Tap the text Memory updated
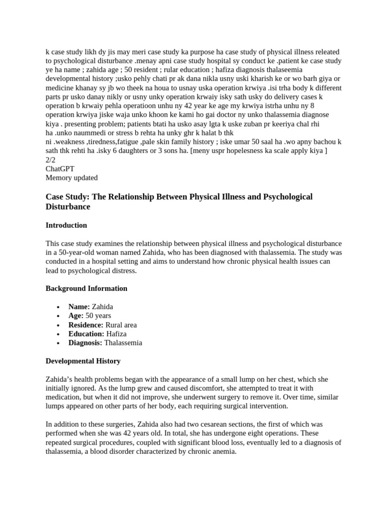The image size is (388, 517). [x=72, y=177]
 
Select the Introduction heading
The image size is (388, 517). [x=66, y=225]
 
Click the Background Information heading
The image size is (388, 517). [x=86, y=288]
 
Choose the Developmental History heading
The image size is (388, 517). [x=83, y=361]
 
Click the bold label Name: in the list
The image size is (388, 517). [x=79, y=306]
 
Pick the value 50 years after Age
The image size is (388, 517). [x=99, y=316]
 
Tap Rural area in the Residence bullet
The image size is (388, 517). [x=121, y=325]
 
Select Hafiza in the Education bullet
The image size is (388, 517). [x=117, y=334]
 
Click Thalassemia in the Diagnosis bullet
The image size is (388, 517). [x=123, y=343]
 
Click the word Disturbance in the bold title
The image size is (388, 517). [x=68, y=207]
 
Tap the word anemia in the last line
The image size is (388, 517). [x=225, y=451]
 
